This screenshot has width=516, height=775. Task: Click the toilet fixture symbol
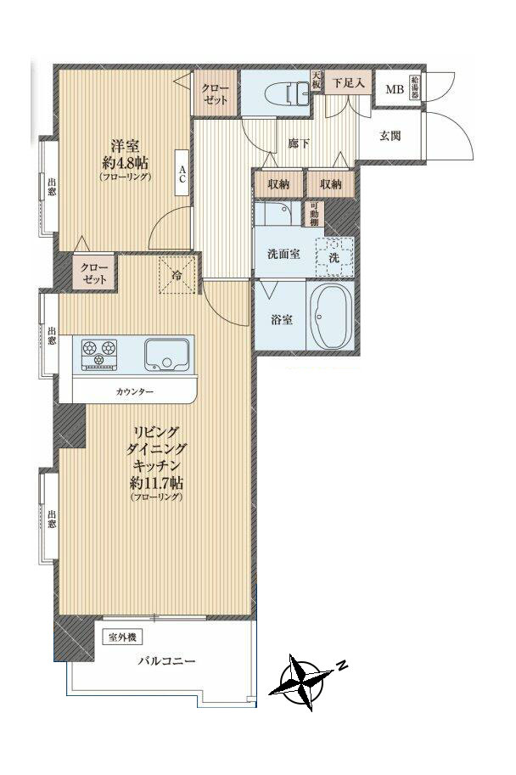[288, 93]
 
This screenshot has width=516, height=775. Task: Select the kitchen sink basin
[166, 354]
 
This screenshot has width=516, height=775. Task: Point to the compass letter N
[341, 665]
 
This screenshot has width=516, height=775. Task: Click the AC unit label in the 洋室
[182, 173]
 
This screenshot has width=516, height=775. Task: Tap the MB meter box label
[395, 89]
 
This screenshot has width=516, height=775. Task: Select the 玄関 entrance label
[390, 136]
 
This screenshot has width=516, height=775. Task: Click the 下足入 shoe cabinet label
[347, 83]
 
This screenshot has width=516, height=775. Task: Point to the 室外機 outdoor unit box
[122, 637]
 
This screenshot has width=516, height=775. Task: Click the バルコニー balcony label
[166, 660]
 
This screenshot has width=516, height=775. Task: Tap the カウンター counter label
[135, 392]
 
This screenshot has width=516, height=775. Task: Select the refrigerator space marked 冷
[177, 275]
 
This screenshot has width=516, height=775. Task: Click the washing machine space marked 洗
[334, 257]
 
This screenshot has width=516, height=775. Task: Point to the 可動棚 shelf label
[314, 214]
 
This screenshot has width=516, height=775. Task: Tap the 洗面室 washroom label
[283, 254]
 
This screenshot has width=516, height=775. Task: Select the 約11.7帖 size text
[157, 482]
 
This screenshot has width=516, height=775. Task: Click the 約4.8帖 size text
[126, 162]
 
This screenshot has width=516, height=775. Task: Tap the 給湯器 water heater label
[414, 88]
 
